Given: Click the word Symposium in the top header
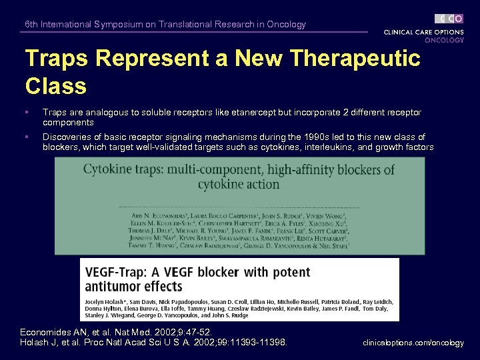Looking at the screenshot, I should (118, 25).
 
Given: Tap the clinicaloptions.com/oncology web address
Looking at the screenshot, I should (413, 343).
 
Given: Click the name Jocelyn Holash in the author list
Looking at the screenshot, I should (107, 302).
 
